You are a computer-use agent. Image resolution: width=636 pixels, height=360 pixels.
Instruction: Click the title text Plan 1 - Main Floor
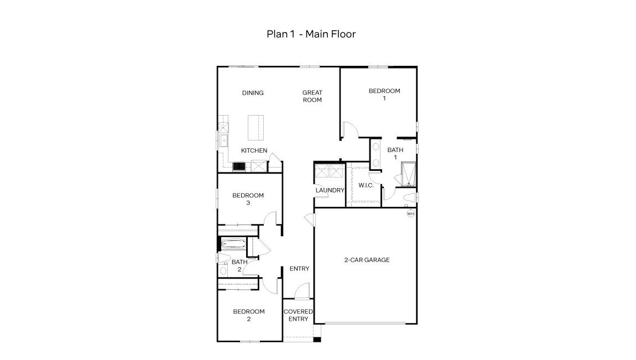[x=311, y=34]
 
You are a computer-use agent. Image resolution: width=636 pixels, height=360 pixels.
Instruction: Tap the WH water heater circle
[x=410, y=213]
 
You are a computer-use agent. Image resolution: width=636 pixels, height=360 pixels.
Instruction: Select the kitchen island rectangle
[x=255, y=128]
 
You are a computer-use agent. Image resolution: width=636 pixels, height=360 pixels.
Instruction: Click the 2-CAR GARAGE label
[x=367, y=260]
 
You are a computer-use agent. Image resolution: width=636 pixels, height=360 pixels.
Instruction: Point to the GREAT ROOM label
[x=312, y=96]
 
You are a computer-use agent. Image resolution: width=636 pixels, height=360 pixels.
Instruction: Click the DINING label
[x=253, y=93]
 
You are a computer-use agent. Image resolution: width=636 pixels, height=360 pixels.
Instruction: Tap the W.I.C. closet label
[x=366, y=185]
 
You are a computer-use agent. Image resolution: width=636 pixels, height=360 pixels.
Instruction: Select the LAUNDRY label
[x=330, y=190]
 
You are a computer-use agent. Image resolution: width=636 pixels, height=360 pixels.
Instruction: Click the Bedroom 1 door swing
[x=351, y=130]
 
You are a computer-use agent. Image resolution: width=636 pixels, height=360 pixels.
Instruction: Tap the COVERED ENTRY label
[x=298, y=315]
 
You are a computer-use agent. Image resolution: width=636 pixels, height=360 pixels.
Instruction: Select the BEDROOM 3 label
[x=248, y=199]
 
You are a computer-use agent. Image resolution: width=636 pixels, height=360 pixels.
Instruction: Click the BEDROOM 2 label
[x=248, y=315]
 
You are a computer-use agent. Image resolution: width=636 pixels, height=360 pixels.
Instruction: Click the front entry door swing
[x=302, y=291]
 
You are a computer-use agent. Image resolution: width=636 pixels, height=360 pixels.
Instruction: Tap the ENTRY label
[x=299, y=269]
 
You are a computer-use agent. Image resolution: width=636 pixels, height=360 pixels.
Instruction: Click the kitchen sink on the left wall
[x=223, y=141]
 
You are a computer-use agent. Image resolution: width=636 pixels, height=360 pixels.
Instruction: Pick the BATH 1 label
[x=395, y=153]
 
